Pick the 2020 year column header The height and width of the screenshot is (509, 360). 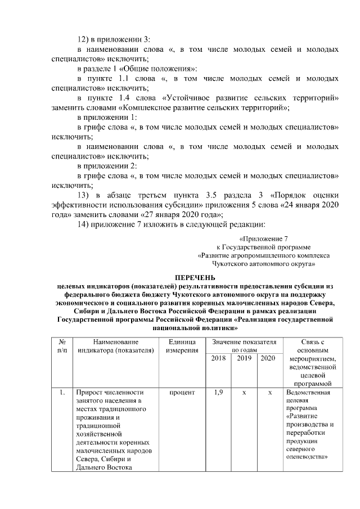(268, 358)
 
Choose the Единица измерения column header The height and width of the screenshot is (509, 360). (182, 345)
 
